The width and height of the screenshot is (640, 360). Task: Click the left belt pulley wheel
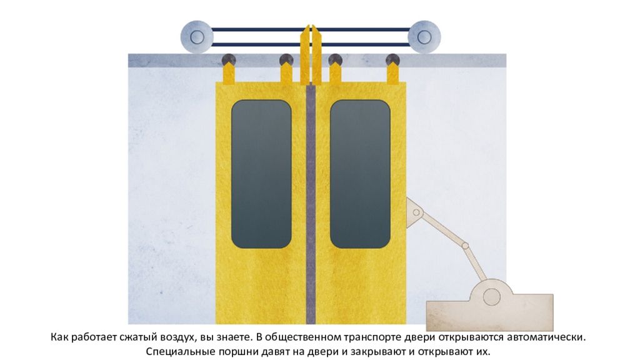point(197,37)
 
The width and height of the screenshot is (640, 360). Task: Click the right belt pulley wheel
point(424,37)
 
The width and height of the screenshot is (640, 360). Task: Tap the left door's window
point(261,174)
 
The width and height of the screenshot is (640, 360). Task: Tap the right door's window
point(360,174)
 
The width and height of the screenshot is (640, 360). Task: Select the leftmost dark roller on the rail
point(229,59)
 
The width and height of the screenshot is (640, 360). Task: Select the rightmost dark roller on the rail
point(392,59)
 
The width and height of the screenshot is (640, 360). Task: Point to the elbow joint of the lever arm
point(465,246)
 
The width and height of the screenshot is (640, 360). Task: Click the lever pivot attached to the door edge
point(416,212)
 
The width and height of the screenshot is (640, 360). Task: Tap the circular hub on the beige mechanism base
point(492,297)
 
